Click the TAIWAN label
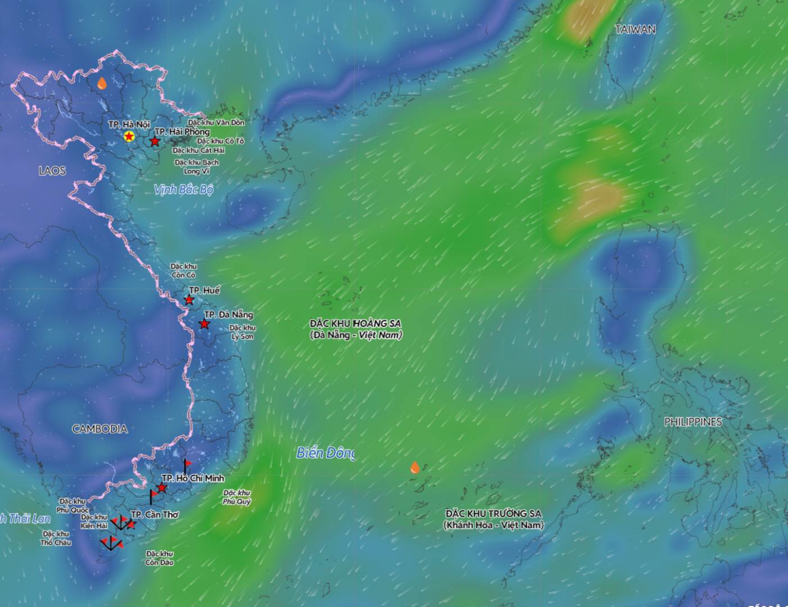click(x=635, y=29)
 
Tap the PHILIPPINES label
click(x=692, y=422)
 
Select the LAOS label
click(x=52, y=170)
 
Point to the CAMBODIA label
click(x=99, y=429)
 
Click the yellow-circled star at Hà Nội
click(x=129, y=136)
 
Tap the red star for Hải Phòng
click(x=155, y=141)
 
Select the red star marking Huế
click(x=189, y=300)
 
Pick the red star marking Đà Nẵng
click(x=205, y=324)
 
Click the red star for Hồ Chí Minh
click(x=162, y=487)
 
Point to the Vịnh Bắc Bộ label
click(x=184, y=189)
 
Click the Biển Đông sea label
click(x=325, y=452)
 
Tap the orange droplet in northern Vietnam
click(x=102, y=84)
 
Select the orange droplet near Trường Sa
click(x=415, y=467)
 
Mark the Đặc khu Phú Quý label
click(x=237, y=497)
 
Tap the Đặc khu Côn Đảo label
click(x=160, y=558)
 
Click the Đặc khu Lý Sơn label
click(x=242, y=332)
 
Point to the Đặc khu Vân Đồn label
click(x=216, y=122)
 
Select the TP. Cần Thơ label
click(x=155, y=514)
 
